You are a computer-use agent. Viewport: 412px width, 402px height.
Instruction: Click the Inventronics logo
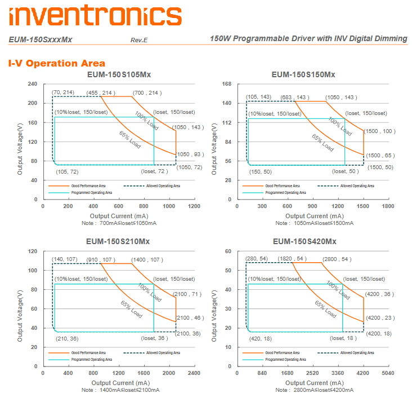click(x=95, y=15)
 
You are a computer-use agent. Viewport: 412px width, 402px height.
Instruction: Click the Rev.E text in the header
click(x=138, y=40)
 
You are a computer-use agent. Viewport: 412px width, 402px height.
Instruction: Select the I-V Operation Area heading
click(x=56, y=63)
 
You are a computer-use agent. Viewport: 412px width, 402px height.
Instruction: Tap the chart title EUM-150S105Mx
click(x=119, y=74)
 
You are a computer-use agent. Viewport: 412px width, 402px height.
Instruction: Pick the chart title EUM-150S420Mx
click(x=304, y=241)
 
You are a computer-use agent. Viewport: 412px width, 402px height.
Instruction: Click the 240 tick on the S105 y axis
click(x=32, y=84)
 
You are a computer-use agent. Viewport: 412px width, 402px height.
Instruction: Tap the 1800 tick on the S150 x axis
click(x=388, y=206)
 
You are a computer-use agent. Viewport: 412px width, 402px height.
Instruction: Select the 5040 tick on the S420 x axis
click(x=388, y=373)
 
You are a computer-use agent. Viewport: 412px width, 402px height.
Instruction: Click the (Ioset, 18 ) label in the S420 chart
click(x=343, y=338)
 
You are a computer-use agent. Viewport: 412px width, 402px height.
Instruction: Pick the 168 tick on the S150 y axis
click(x=227, y=84)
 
